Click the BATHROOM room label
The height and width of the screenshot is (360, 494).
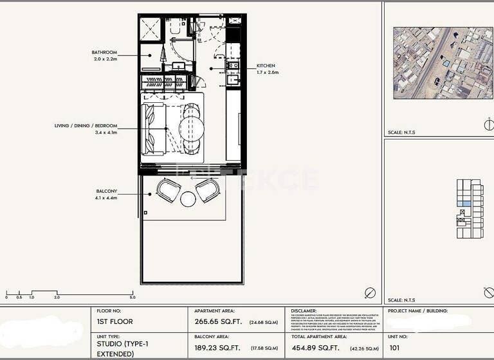104,52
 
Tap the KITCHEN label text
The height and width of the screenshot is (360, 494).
266,66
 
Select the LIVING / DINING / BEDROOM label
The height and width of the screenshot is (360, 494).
86,126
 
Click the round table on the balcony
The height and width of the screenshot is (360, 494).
188,199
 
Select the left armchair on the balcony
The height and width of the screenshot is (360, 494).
169,189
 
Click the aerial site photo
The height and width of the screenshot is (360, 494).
438,62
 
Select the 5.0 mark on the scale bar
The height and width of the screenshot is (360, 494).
133,298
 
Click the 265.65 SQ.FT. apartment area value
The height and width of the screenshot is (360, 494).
218,321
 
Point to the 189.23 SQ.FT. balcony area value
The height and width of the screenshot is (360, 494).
218,347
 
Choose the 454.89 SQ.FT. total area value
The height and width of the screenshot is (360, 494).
315,347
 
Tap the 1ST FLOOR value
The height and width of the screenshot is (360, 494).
114,321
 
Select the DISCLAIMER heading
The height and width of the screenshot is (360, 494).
304,310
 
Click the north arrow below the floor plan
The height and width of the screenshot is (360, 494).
369,292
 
